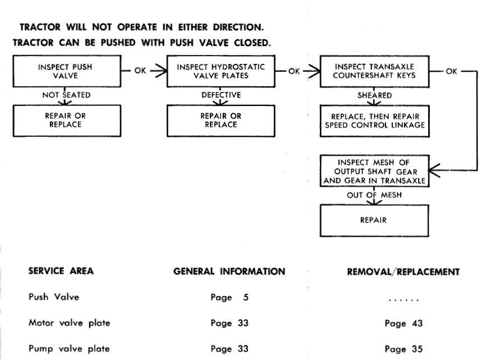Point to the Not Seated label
click(x=66, y=95)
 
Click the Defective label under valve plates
click(x=221, y=95)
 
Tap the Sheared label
click(x=374, y=95)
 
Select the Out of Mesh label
click(x=374, y=195)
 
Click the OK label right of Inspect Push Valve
click(x=140, y=71)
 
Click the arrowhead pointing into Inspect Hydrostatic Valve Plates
click(x=162, y=71)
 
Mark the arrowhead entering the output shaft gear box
click(x=434, y=170)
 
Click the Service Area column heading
click(x=61, y=271)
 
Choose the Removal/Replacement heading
click(x=404, y=272)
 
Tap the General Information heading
click(x=229, y=271)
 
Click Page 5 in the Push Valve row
click(x=230, y=297)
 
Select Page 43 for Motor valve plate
click(x=404, y=324)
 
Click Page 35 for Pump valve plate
click(x=404, y=349)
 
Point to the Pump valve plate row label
click(x=69, y=349)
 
